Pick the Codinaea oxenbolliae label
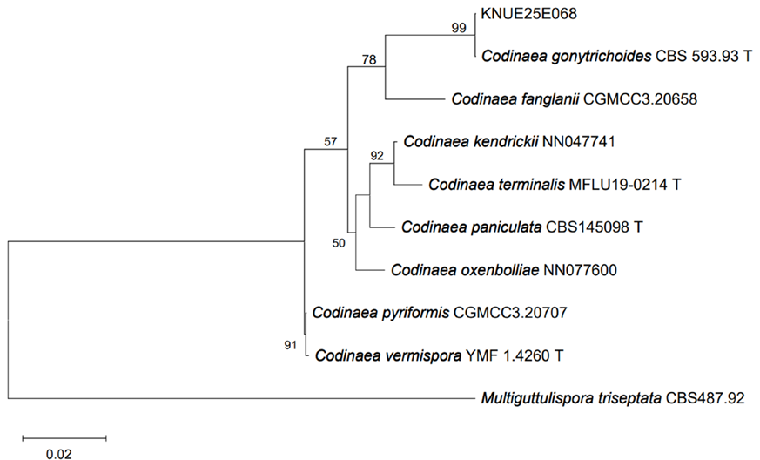504,269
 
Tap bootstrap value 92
376,156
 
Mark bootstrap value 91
291,346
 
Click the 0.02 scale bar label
58,453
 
